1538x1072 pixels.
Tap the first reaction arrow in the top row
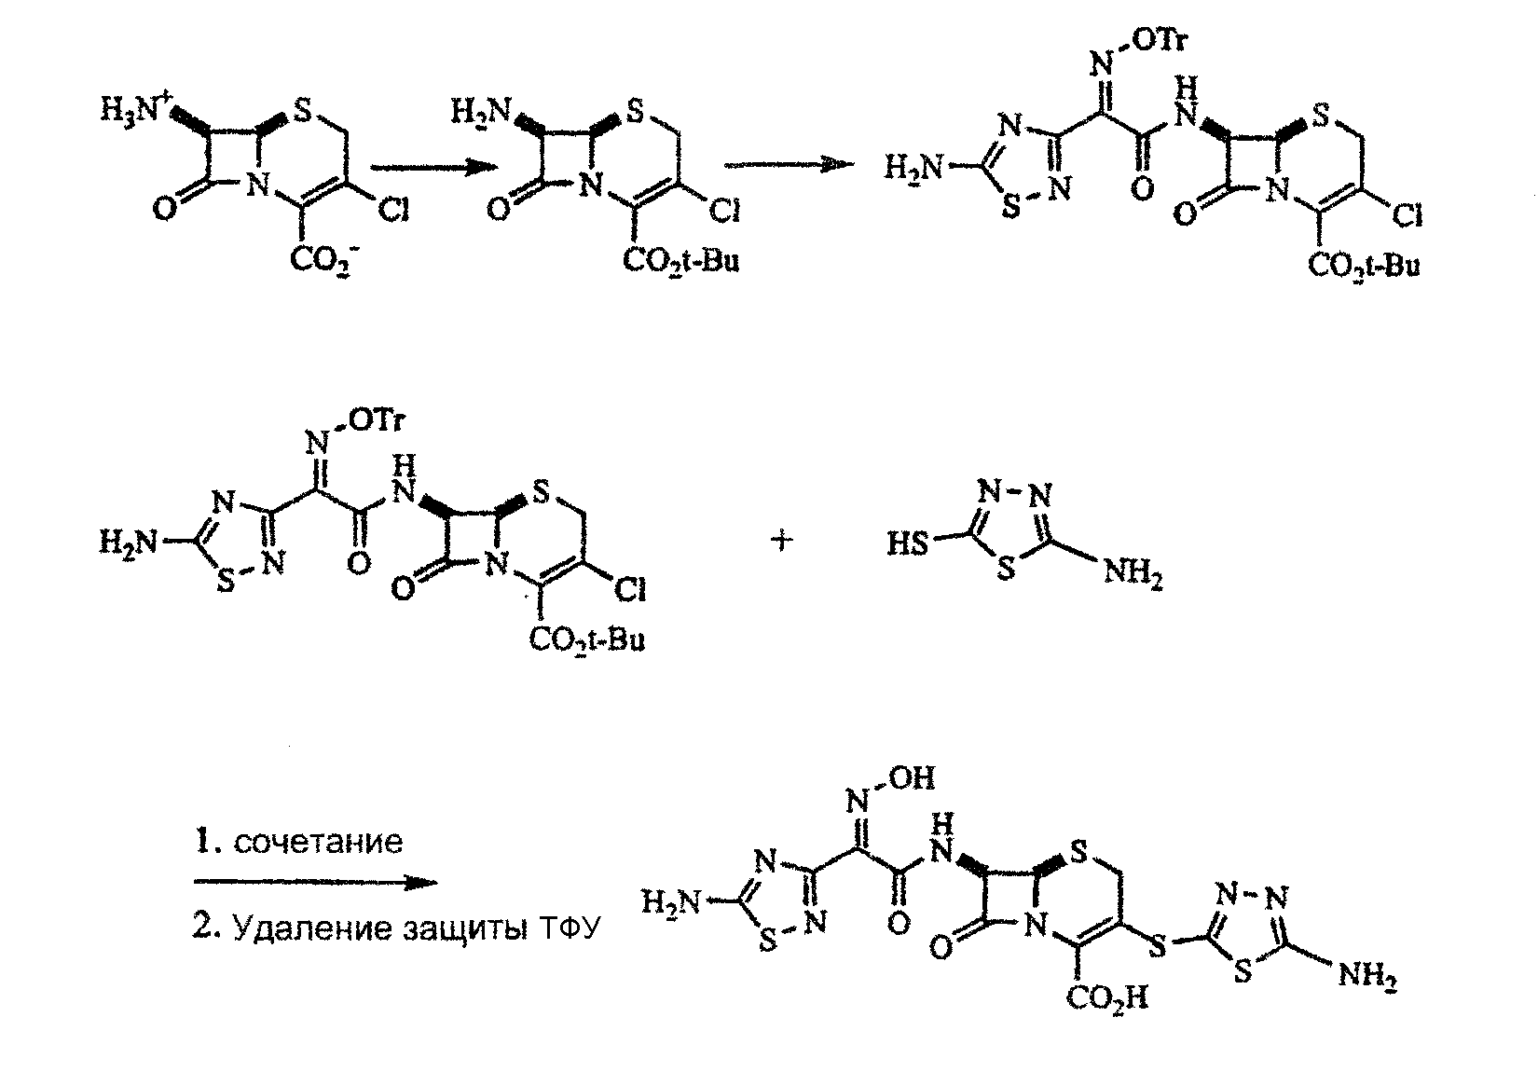click(x=433, y=167)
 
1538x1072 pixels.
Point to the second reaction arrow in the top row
click(x=790, y=164)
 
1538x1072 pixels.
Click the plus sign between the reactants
click(x=781, y=542)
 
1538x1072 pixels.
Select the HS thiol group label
click(x=907, y=543)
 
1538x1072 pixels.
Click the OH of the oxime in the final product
click(x=911, y=778)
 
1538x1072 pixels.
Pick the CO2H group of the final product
click(x=1106, y=997)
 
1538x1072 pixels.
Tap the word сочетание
click(x=318, y=842)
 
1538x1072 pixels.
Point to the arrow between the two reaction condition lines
click(x=316, y=883)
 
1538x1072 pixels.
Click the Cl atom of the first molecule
click(x=393, y=208)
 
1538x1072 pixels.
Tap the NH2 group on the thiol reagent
click(x=1133, y=574)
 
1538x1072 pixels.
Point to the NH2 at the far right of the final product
click(x=1367, y=977)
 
